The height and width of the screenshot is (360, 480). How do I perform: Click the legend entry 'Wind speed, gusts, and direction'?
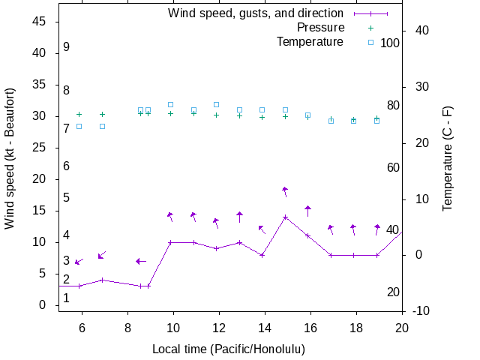point(256,13)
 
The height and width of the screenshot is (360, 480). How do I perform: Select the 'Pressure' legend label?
point(320,28)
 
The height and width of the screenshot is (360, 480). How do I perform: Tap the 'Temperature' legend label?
point(310,42)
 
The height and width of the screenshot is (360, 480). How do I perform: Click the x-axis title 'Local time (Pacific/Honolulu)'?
point(229,349)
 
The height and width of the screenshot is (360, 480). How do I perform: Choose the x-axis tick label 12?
point(219,327)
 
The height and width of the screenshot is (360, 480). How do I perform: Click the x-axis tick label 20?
point(402,327)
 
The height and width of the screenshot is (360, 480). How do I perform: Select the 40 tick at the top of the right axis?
point(421,31)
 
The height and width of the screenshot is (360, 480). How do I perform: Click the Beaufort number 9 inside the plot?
point(66,46)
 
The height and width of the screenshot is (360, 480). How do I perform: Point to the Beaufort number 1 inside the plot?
point(66,298)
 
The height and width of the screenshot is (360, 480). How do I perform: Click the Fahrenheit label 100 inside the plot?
point(390,43)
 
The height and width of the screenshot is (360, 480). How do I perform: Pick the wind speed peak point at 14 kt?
point(285,217)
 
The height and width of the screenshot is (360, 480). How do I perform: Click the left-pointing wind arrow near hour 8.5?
point(140,261)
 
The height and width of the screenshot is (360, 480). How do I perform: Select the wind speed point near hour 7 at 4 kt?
point(102,280)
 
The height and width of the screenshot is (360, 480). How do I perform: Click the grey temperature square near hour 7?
point(102,126)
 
